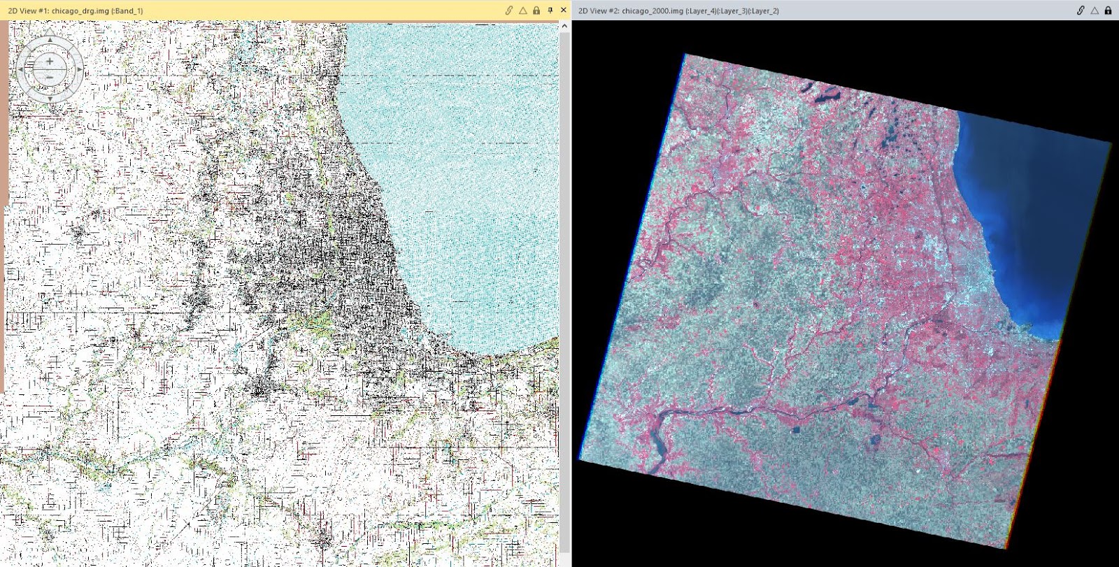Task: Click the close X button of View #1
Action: click(564, 10)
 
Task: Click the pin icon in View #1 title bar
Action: click(550, 10)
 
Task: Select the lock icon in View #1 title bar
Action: click(536, 10)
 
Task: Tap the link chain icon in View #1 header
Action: click(509, 10)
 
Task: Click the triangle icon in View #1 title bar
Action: click(522, 10)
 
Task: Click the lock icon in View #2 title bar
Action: click(1108, 10)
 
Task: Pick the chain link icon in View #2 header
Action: click(1081, 10)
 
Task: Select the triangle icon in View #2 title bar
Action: click(1095, 10)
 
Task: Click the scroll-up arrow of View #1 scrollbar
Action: click(564, 27)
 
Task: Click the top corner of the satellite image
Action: click(685, 54)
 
